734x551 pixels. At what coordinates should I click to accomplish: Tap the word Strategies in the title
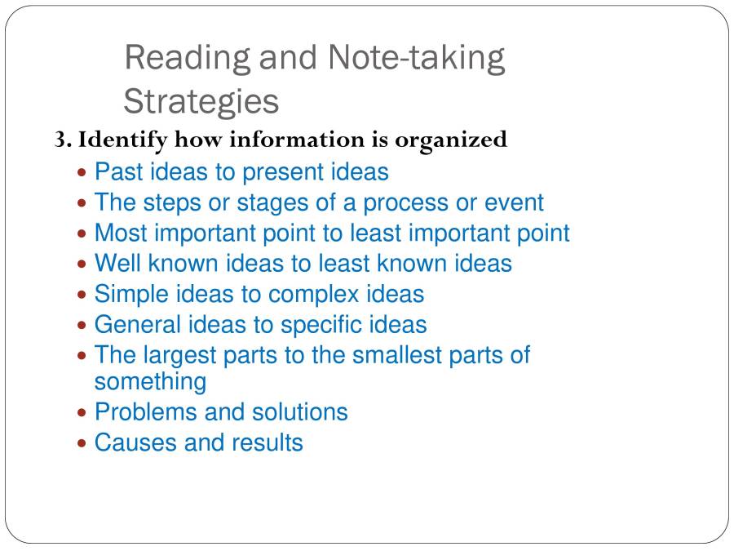(201, 102)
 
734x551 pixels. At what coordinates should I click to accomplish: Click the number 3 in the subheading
(60, 140)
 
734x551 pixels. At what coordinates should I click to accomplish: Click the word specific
(322, 324)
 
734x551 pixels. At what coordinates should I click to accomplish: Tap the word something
(150, 381)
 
